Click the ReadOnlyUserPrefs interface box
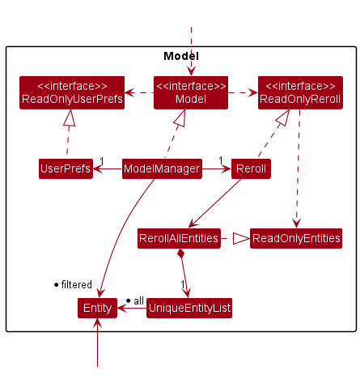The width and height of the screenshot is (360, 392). click(x=72, y=92)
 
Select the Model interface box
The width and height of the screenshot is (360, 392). click(x=191, y=92)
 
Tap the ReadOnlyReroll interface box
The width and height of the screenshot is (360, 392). click(x=300, y=92)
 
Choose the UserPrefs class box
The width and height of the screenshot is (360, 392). click(x=66, y=168)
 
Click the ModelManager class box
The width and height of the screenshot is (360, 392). click(x=162, y=168)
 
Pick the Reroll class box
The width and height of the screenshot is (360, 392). click(x=251, y=168)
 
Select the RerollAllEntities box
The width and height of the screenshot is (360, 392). click(x=179, y=238)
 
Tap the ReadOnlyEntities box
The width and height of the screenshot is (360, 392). click(x=296, y=238)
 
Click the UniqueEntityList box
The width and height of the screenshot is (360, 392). click(x=189, y=308)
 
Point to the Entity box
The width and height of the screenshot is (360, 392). click(x=97, y=308)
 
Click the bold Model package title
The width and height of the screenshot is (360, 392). click(x=181, y=56)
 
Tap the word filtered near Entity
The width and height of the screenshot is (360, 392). click(x=77, y=284)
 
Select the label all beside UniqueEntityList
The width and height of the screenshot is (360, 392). click(x=138, y=300)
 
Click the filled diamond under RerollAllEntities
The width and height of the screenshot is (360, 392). click(x=181, y=254)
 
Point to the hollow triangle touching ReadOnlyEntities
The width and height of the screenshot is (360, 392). click(x=241, y=238)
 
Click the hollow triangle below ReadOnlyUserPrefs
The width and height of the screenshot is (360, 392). click(x=70, y=117)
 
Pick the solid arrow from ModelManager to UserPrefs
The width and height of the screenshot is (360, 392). click(x=108, y=169)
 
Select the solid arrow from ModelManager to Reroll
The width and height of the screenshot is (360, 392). click(x=217, y=169)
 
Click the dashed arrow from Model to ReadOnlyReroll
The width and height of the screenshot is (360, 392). click(x=243, y=93)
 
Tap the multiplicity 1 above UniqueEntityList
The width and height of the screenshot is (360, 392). click(x=183, y=284)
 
